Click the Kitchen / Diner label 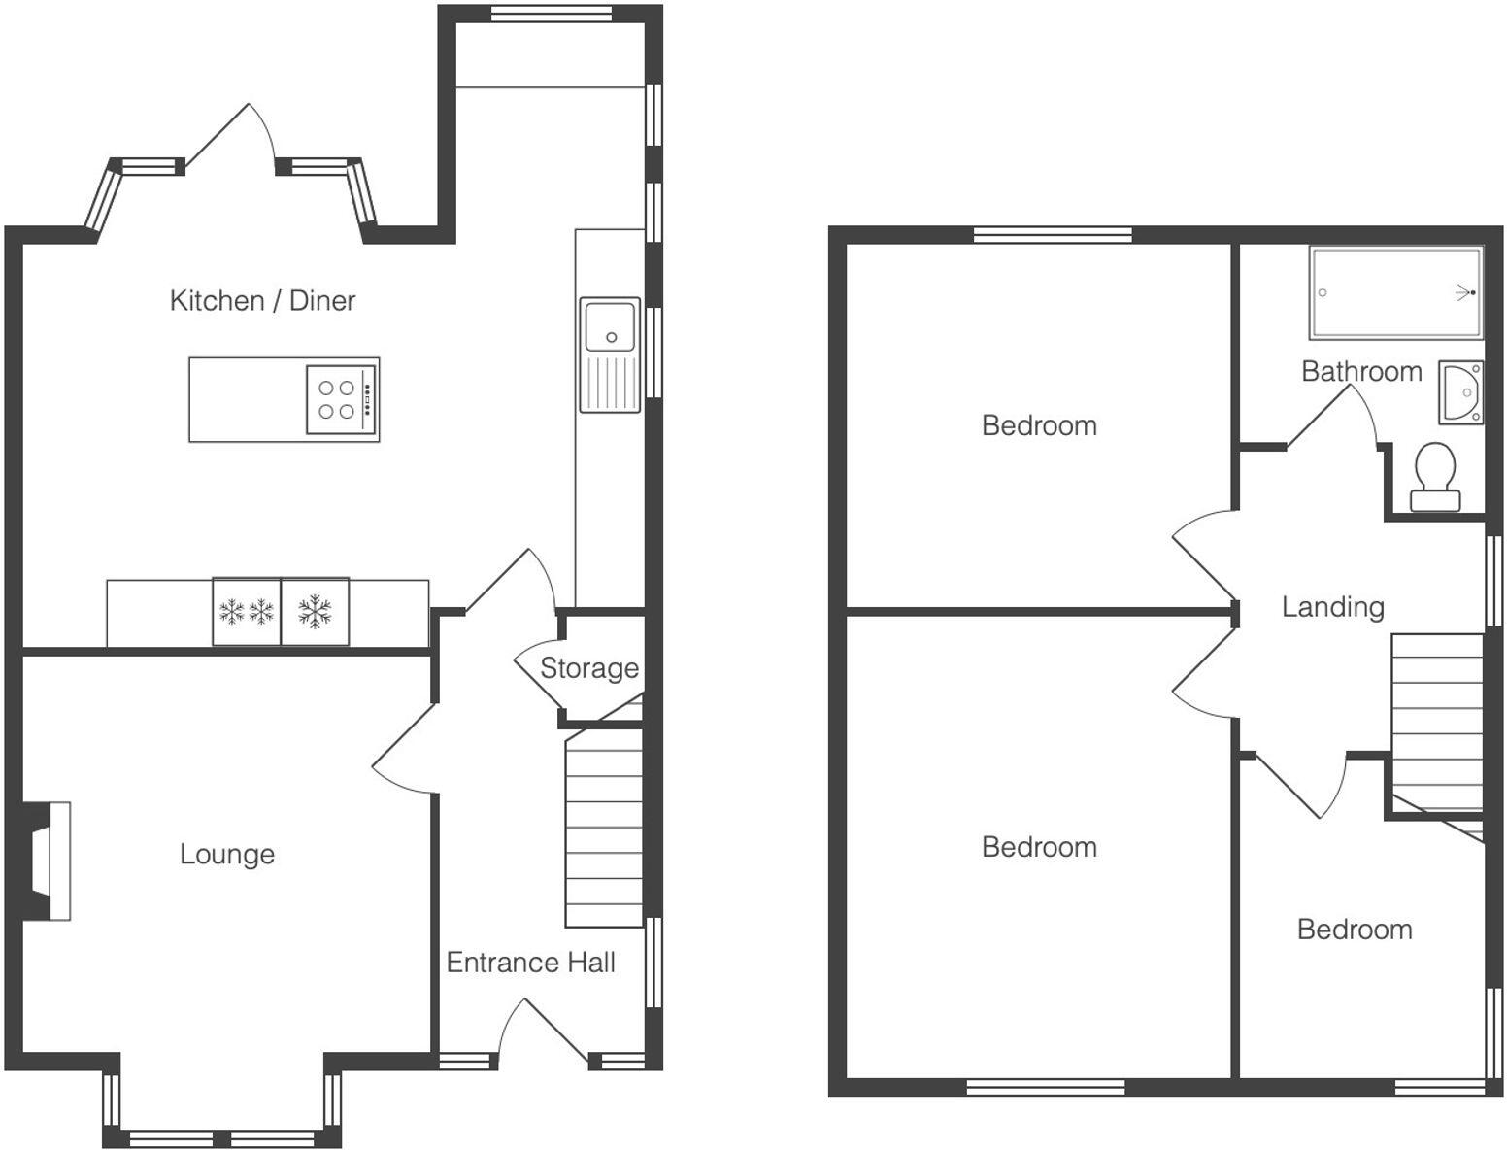(262, 301)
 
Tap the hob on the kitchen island (342, 399)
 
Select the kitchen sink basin (610, 325)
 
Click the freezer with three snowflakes (247, 612)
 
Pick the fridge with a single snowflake (315, 612)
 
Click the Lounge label (227, 855)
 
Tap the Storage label (588, 668)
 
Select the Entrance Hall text (530, 963)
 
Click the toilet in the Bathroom (1434, 477)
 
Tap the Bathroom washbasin (1461, 392)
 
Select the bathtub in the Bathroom (1395, 292)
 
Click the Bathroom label (1361, 371)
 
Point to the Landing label (1332, 607)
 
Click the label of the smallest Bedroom (1355, 930)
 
